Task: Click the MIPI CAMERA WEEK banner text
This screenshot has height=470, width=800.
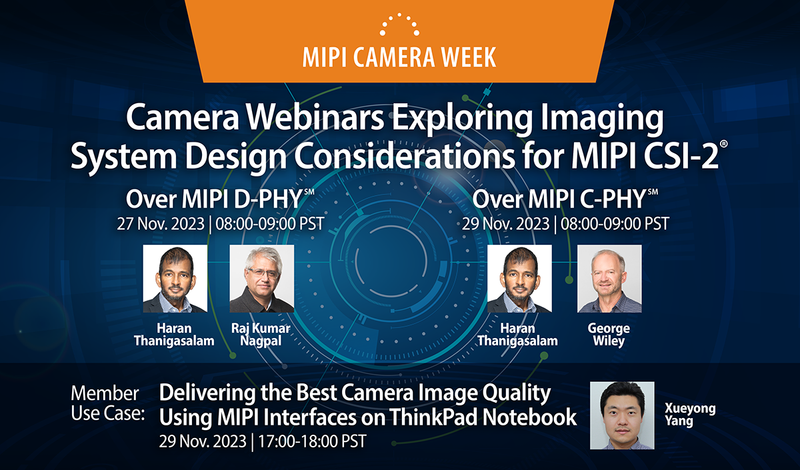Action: coord(399,57)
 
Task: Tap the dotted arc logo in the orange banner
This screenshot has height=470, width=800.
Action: coord(399,24)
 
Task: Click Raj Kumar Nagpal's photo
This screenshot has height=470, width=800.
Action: coord(261,278)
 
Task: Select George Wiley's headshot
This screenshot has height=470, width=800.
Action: coord(609,278)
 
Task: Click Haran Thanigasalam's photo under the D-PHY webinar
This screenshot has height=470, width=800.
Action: coord(175,278)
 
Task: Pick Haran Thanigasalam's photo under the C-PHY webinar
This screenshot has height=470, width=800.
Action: coord(519,278)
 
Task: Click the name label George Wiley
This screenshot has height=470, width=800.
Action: coord(609,335)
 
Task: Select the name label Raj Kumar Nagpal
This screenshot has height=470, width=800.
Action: coord(261,335)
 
